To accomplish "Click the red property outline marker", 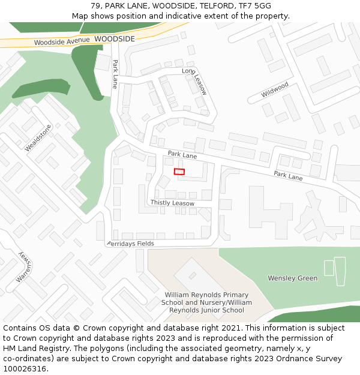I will click(x=179, y=172).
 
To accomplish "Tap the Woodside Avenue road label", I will click(x=61, y=43).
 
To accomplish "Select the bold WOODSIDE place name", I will click(x=115, y=38).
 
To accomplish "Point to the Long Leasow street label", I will click(x=195, y=81).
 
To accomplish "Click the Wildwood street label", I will click(x=275, y=90).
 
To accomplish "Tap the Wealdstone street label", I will click(x=38, y=137).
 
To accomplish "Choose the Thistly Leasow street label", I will click(x=172, y=203).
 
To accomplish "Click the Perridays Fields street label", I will click(x=131, y=244).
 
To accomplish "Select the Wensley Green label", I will click(x=292, y=278).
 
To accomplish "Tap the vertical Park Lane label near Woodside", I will click(x=115, y=74).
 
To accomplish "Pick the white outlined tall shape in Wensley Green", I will click(x=340, y=271).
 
